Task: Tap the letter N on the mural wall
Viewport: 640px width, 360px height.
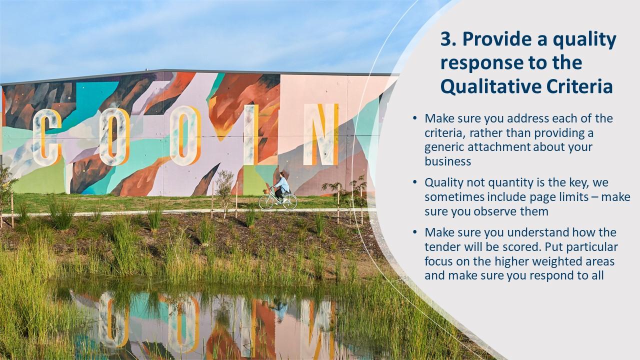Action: click(320, 135)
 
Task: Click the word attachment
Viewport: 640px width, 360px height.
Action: click(496, 147)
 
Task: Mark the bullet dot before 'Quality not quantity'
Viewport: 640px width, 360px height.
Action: click(414, 182)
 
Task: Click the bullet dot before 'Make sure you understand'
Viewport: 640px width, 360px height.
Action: click(414, 232)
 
